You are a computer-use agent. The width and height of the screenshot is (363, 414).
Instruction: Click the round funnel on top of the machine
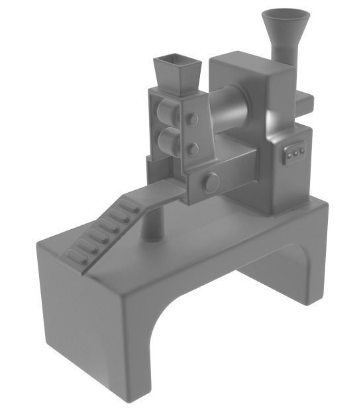pyautogui.click(x=285, y=20)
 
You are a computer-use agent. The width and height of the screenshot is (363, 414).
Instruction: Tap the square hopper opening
pyautogui.click(x=176, y=64)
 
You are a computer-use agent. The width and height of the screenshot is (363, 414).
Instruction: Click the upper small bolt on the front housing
pyautogui.click(x=192, y=120)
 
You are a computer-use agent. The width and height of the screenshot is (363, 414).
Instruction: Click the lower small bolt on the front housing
pyautogui.click(x=192, y=150)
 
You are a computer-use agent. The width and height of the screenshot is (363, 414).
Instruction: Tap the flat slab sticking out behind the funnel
pyautogui.click(x=305, y=101)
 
